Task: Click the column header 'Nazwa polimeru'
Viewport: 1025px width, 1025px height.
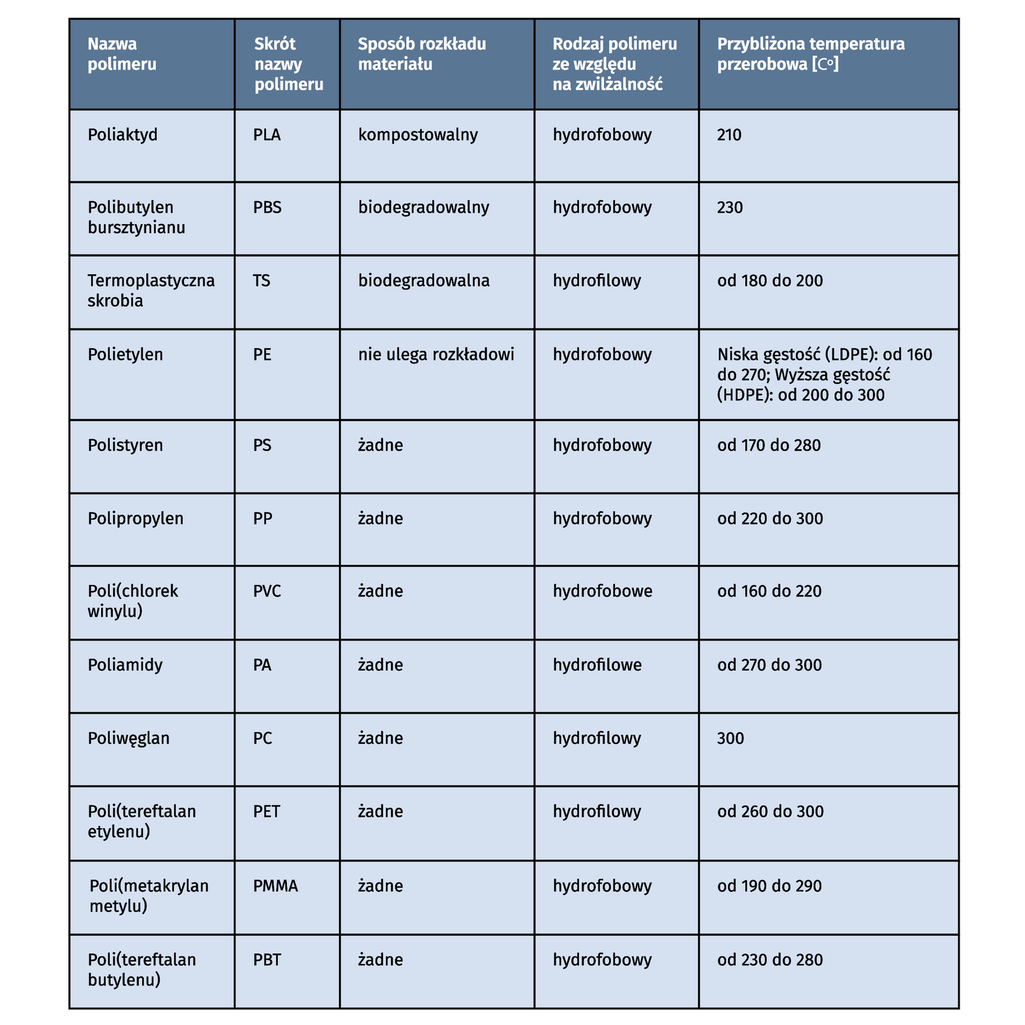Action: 122,54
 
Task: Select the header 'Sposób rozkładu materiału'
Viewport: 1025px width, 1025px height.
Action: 422,54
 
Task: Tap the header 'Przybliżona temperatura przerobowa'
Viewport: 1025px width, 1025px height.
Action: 810,54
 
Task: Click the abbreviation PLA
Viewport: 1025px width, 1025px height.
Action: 267,135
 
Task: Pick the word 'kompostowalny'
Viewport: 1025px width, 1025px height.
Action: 418,135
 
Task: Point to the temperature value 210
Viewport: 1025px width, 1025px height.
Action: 729,135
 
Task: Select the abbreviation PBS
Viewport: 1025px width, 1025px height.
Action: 267,208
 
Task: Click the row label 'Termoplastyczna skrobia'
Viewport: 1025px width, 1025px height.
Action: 151,290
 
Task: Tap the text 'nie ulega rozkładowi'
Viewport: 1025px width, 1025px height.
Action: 436,354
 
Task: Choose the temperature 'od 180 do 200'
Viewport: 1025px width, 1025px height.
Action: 770,281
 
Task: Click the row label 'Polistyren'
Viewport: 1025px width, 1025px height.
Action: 126,445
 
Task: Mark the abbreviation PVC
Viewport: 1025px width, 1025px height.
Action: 267,591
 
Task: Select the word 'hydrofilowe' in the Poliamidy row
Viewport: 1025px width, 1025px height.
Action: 597,665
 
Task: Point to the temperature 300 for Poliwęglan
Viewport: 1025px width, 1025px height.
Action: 730,739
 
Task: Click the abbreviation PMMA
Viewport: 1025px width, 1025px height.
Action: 275,886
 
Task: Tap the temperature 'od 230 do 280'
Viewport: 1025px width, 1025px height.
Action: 770,960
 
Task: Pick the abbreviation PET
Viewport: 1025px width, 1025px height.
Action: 266,812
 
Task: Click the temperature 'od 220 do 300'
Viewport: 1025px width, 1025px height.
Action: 770,518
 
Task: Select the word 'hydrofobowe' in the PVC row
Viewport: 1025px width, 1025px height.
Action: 602,591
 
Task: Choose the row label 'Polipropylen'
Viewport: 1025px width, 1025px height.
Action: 135,518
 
